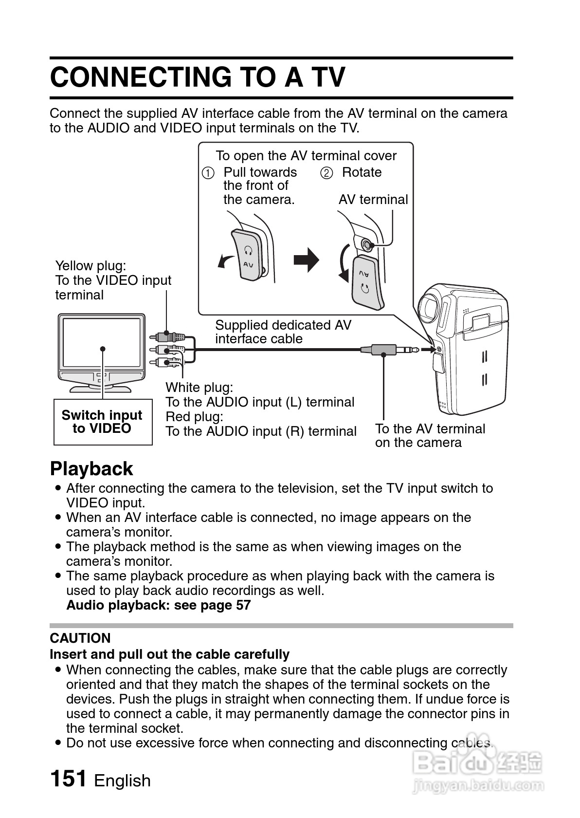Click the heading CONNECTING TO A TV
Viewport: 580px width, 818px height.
pos(198,77)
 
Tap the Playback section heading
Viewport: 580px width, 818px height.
pos(91,468)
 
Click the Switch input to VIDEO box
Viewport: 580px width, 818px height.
pos(103,422)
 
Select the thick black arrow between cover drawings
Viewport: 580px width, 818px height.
pos(306,260)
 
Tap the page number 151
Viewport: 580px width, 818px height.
pos(68,778)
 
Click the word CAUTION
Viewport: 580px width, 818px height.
pos(80,638)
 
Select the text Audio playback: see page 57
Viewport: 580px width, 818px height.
pos(158,605)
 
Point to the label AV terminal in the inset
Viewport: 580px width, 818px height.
pos(373,200)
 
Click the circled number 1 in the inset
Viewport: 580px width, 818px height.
pos(208,173)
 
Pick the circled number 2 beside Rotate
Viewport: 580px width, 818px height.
pos(326,173)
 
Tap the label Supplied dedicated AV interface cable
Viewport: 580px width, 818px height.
pos(283,332)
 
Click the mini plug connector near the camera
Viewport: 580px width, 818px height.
pos(389,349)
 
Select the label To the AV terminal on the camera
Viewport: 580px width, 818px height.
pos(430,435)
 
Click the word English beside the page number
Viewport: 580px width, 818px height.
pos(122,781)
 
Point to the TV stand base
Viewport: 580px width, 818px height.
pos(100,388)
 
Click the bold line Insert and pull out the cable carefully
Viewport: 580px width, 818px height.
pos(169,654)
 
